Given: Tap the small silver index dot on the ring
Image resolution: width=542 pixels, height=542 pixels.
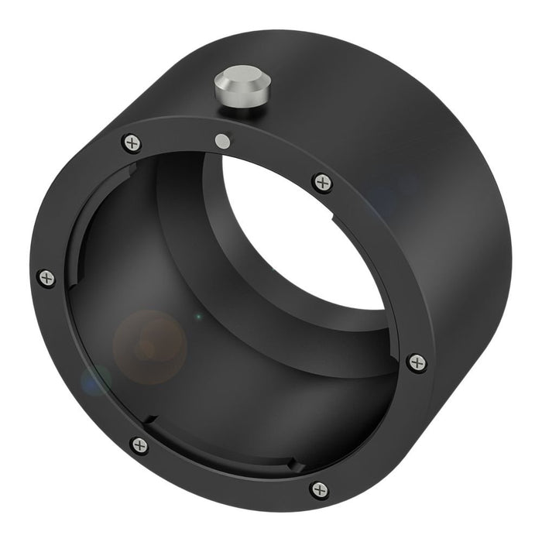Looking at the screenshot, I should [223, 141].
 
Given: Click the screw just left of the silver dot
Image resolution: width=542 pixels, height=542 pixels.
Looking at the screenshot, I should [132, 142].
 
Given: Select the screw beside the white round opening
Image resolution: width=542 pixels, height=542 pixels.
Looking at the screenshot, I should [322, 182].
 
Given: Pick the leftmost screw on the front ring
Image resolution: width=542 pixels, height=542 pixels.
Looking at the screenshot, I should [46, 278].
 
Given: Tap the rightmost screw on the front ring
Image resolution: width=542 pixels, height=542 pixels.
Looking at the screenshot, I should [417, 362].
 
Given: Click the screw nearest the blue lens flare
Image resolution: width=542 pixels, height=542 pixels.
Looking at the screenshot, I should [139, 445].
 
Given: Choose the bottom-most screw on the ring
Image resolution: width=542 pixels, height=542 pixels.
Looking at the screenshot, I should [319, 489].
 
